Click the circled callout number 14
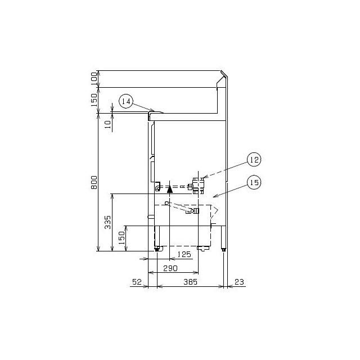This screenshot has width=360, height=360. click(126, 101)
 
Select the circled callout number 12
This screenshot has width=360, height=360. click(254, 160)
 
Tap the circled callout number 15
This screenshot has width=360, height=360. click(254, 182)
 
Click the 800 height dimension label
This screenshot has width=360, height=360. click(94, 182)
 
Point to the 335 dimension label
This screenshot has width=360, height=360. click(107, 222)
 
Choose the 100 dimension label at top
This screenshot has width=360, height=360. click(94, 79)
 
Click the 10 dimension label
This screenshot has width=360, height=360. click(107, 124)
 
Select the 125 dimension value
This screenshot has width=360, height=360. click(184, 254)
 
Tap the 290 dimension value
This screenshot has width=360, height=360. click(170, 268)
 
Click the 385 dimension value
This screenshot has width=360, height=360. click(190, 282)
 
